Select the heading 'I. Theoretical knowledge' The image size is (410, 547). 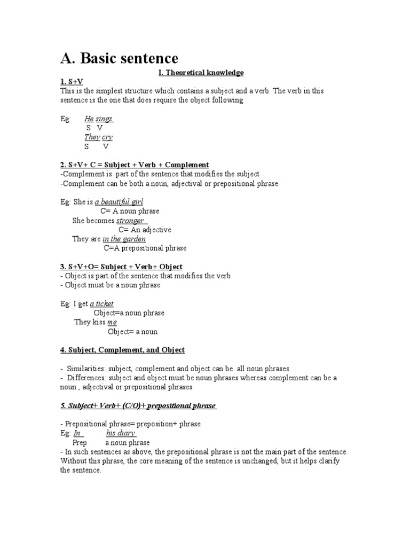click(206, 72)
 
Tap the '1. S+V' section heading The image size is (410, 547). click(72, 81)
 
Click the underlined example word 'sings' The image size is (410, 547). click(105, 119)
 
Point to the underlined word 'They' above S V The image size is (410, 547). click(92, 137)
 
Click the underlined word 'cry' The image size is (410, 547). click(107, 137)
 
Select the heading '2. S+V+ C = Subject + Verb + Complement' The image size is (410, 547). click(135, 165)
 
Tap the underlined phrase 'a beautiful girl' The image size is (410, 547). click(119, 202)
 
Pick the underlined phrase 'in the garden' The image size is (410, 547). click(124, 239)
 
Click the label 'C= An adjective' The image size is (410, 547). click(145, 230)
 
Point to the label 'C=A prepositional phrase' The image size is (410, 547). click(145, 248)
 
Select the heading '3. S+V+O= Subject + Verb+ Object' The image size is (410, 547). click(121, 267)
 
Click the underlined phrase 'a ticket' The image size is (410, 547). click(101, 304)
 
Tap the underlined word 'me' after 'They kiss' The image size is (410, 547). click(112, 322)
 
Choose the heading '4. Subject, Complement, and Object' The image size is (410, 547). click(122, 350)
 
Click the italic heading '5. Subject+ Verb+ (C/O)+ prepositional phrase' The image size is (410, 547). click(138, 405)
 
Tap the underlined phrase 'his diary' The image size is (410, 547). click(121, 433)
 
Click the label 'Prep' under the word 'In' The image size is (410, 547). click(80, 443)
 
